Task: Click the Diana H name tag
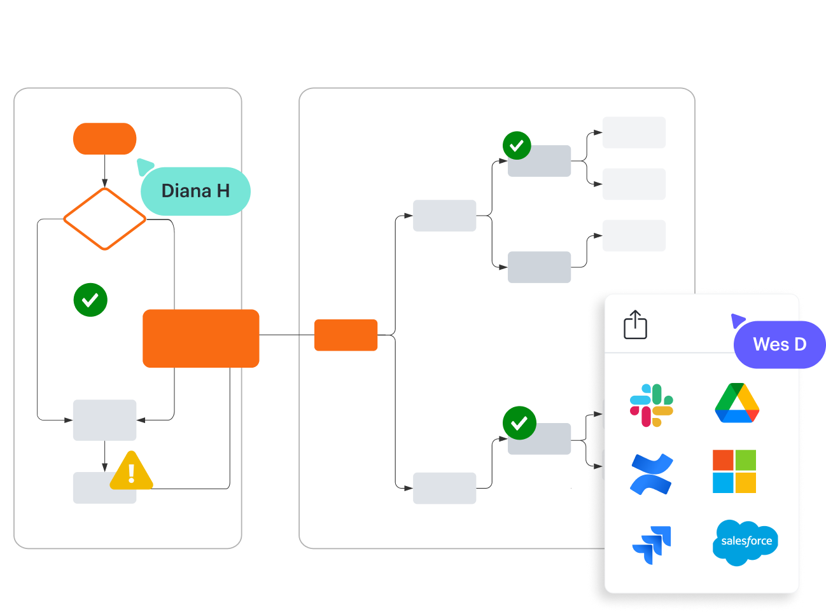[195, 191]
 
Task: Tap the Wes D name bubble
[779, 345]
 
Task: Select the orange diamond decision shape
[105, 219]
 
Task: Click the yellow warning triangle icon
[132, 472]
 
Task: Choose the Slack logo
[652, 405]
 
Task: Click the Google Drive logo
[737, 403]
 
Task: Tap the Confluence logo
[652, 474]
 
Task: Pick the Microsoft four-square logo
[734, 471]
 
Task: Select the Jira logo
[652, 545]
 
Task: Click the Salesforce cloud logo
[745, 542]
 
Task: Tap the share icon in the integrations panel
[635, 324]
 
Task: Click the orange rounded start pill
[105, 139]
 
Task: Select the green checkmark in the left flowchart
[90, 300]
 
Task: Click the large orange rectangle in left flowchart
[201, 338]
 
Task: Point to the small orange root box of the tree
[346, 335]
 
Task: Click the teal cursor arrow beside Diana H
[144, 167]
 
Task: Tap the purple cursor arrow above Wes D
[738, 320]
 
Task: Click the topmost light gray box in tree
[634, 132]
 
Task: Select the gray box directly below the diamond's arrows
[105, 420]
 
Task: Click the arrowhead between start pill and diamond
[105, 184]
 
